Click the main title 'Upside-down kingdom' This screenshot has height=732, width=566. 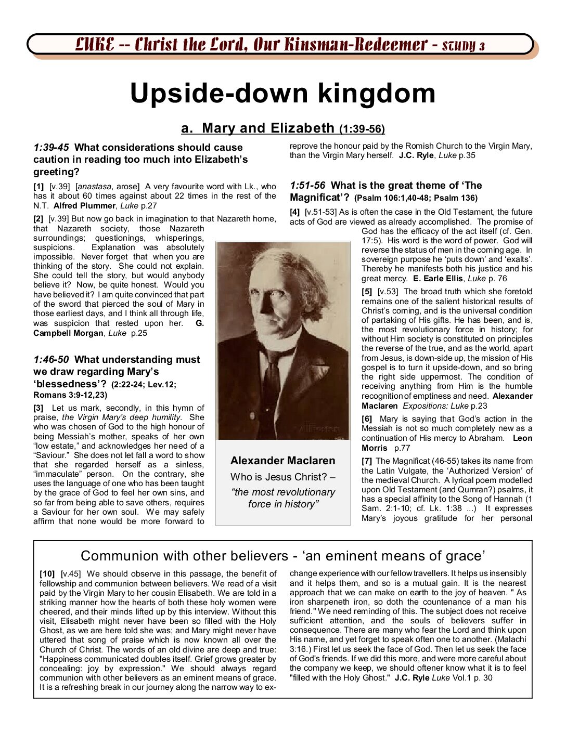[282, 94]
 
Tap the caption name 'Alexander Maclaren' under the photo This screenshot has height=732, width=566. [282, 461]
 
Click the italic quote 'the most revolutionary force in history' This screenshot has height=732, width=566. [283, 498]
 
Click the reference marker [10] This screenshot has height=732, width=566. [47, 574]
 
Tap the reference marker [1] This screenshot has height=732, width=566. [38, 187]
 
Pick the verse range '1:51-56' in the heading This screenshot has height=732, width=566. [307, 186]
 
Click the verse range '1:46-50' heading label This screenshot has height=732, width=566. [51, 360]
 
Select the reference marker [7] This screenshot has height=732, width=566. [367, 461]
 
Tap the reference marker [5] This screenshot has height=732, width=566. [367, 292]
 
